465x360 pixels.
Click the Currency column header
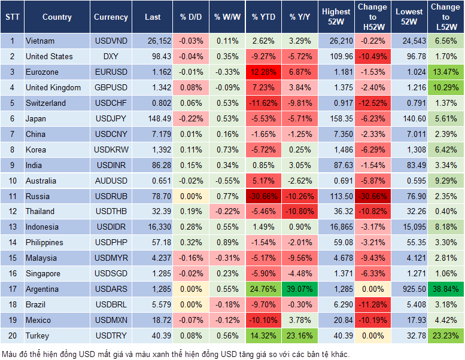point(111,17)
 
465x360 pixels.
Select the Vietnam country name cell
point(40,41)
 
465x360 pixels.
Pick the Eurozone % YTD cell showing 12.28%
point(263,72)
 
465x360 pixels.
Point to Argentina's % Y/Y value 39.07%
point(301,289)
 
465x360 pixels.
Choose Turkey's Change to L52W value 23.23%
point(445,335)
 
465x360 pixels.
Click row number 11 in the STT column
point(11,196)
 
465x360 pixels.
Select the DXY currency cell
point(111,56)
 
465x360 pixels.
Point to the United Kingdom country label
point(53,87)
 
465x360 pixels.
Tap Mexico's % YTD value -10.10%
point(263,320)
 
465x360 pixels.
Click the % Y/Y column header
point(301,17)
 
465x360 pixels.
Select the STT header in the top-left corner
point(11,17)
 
